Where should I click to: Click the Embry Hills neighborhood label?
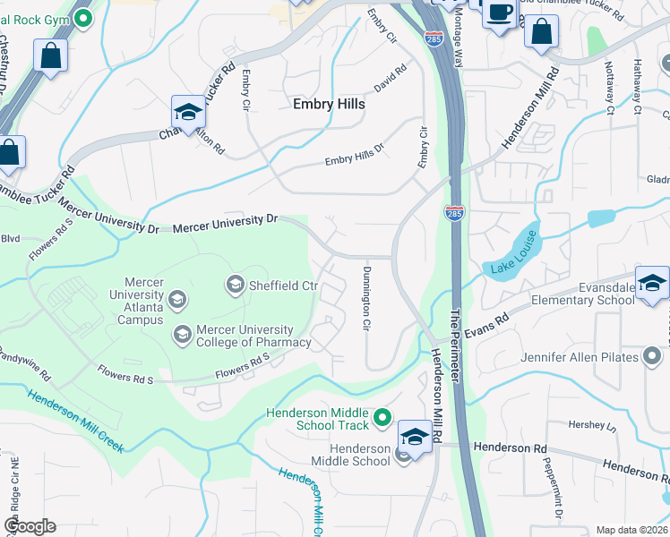coord(329,104)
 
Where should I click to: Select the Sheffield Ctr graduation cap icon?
coord(236,286)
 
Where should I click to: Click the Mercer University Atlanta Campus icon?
coord(177,299)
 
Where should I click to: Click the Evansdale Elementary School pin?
coord(651,282)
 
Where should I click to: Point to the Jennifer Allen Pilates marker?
coord(652,358)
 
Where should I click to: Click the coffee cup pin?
coord(499,13)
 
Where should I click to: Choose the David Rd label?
coord(391,78)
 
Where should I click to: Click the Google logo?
coord(30,526)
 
